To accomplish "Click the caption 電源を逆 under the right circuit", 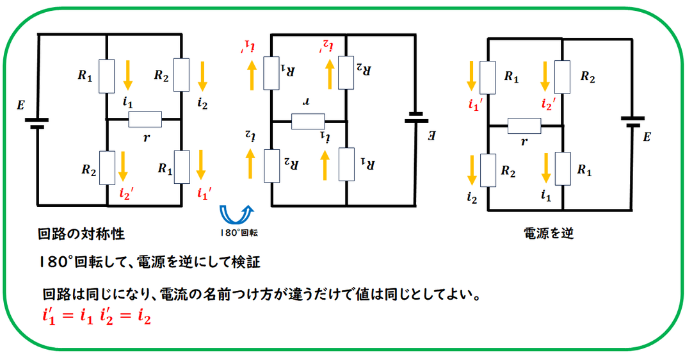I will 548,233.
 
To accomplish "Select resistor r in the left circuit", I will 145,119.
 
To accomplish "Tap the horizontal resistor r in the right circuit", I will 524,126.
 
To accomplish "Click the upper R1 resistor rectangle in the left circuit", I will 107,76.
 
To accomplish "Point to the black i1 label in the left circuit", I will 127,102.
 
